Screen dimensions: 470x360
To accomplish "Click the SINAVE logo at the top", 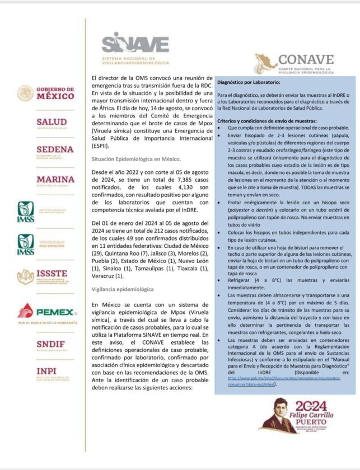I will coord(134,44).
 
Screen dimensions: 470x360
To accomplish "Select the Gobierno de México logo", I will coord(46,92).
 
